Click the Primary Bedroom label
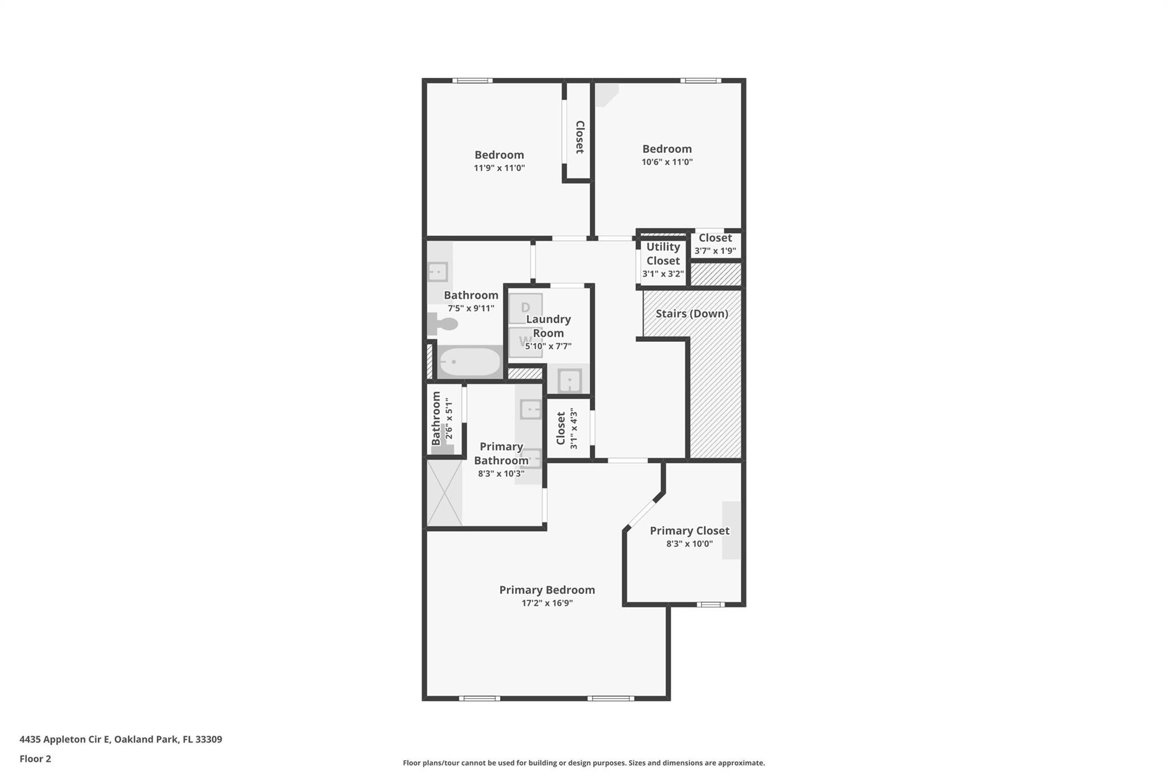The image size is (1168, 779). click(547, 590)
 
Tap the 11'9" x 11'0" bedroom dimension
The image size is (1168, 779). click(499, 168)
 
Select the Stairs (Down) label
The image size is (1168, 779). click(691, 313)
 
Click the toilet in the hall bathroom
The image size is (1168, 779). click(444, 324)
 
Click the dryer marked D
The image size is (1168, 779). click(525, 308)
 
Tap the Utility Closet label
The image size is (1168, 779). click(663, 253)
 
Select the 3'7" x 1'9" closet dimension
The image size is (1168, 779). click(715, 251)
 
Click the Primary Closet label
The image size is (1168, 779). click(690, 531)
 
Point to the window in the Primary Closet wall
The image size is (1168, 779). click(710, 604)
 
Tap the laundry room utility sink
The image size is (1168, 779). click(569, 380)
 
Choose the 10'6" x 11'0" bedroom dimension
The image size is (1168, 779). click(667, 162)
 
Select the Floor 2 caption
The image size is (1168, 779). click(35, 758)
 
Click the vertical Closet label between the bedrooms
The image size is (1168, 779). click(579, 137)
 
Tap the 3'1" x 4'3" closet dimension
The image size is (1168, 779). click(573, 428)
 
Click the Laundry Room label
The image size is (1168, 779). click(548, 326)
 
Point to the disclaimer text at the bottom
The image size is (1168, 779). click(583, 762)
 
